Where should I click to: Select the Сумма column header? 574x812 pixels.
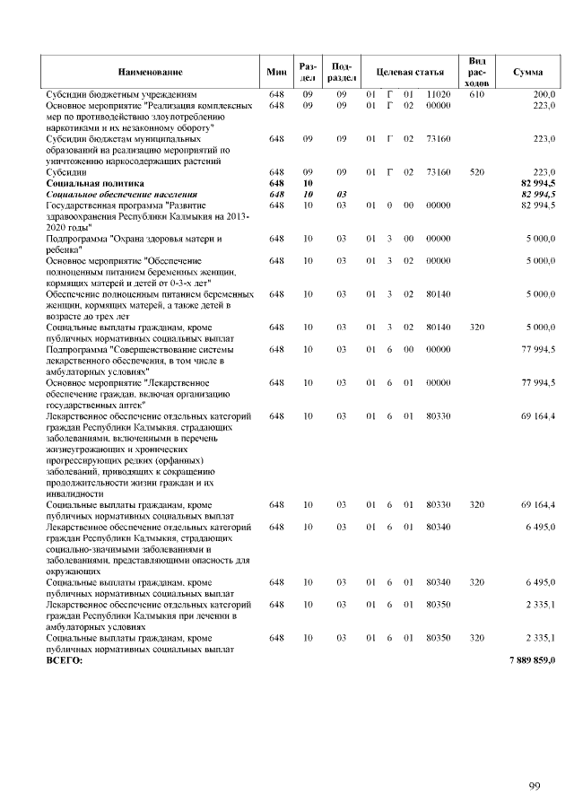(527, 72)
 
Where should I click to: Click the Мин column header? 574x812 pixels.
(276, 72)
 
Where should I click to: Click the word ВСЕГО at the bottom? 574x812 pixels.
(64, 660)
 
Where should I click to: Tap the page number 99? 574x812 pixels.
(534, 787)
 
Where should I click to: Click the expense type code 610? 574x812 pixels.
(476, 94)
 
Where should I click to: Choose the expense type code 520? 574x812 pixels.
(476, 171)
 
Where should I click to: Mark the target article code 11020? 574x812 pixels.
(438, 94)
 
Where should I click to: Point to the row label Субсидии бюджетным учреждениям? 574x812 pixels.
(121, 94)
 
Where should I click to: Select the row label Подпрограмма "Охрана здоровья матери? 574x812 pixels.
(135, 240)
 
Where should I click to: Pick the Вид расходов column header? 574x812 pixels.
(476, 72)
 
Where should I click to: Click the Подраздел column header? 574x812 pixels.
(341, 72)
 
